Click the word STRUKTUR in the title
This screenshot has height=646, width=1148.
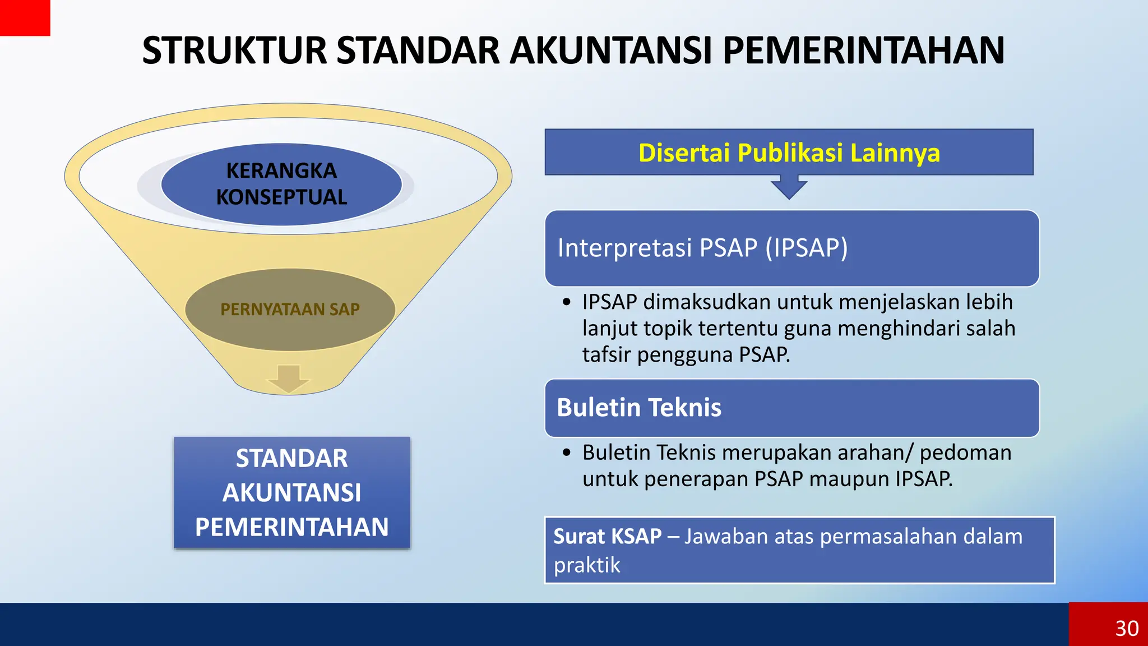point(234,50)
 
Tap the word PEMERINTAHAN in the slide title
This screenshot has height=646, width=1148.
point(864,50)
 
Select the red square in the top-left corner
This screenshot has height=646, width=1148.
point(25,17)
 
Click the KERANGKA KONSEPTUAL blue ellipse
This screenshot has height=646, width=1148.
point(281,184)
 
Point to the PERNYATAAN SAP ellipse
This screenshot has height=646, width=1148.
point(290,309)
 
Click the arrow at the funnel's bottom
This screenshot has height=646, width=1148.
point(289,380)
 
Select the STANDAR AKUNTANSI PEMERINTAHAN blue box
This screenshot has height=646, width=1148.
point(292,492)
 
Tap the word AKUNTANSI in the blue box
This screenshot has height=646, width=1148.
point(292,493)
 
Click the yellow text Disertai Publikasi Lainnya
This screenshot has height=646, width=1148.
point(789,153)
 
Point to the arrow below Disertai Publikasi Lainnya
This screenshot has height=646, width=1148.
point(789,187)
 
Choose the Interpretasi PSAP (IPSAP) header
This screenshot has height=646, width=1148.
point(791,248)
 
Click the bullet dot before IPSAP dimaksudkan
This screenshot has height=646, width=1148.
point(567,302)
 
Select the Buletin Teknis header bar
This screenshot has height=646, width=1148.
point(791,408)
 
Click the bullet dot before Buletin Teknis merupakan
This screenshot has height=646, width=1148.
point(567,453)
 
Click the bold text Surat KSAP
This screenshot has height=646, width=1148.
point(608,537)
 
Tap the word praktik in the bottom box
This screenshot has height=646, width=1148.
point(587,565)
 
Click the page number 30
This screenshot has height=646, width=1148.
point(1127,628)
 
